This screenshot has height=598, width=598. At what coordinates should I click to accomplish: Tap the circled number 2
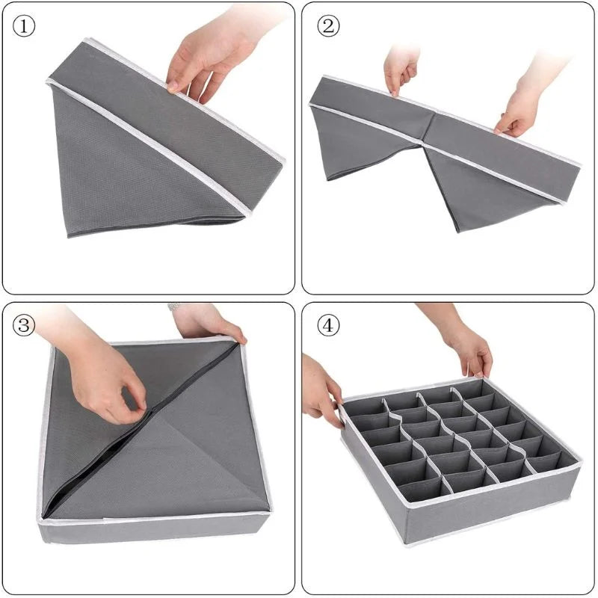[327, 25]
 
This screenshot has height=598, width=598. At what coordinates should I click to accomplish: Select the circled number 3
[25, 326]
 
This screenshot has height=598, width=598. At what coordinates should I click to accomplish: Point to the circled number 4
[327, 326]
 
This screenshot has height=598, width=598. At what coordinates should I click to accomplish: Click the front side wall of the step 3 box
[149, 529]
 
